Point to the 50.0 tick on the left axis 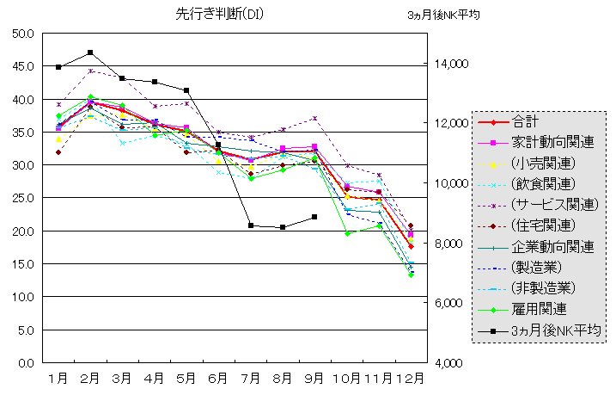(x=22, y=34)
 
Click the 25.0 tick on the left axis (x=22, y=198)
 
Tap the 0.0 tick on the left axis (x=26, y=362)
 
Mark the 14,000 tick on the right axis (x=449, y=64)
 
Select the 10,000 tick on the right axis (x=449, y=183)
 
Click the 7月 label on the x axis (x=250, y=378)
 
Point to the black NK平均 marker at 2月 (x=90, y=52)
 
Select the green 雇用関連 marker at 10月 (x=347, y=233)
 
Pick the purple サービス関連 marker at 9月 (x=315, y=118)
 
